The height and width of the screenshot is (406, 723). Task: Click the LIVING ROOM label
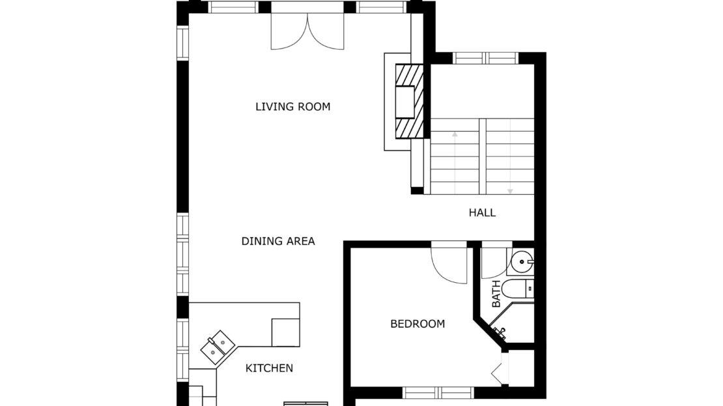click(x=293, y=107)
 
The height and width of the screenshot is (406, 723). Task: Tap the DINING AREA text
click(x=278, y=241)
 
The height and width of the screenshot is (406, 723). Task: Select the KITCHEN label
click(x=269, y=368)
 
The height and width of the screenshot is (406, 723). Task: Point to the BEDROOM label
click(x=418, y=324)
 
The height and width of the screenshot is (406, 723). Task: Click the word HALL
click(x=482, y=212)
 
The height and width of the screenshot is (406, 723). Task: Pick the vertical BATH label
click(x=496, y=294)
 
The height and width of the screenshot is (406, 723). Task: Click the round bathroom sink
click(x=522, y=262)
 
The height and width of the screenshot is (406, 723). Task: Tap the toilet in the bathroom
click(x=517, y=289)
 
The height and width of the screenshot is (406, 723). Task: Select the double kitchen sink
click(x=218, y=349)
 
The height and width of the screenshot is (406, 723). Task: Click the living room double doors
click(x=307, y=31)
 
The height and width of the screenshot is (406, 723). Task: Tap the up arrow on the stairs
click(x=455, y=162)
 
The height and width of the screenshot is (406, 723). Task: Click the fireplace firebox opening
click(x=404, y=102)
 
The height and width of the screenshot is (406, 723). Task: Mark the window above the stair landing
click(x=485, y=58)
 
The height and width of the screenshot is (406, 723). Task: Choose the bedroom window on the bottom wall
click(x=438, y=392)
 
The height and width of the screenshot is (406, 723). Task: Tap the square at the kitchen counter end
click(x=285, y=332)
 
